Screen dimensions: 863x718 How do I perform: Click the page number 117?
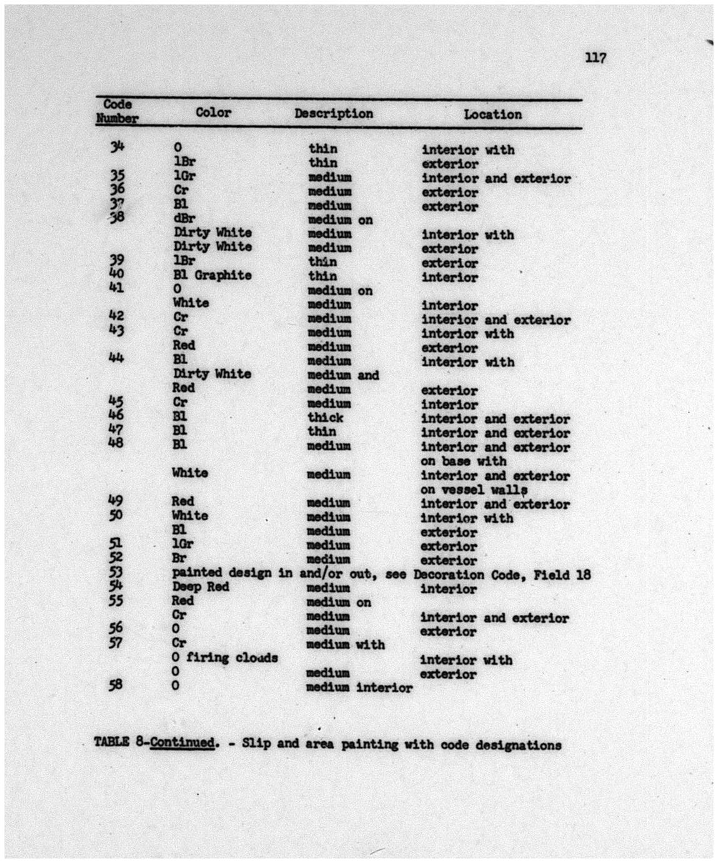click(x=595, y=58)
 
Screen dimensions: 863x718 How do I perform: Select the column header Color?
click(x=213, y=113)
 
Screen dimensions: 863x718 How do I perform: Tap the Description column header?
click(x=334, y=113)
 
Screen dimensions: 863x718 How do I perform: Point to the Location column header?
click(x=492, y=114)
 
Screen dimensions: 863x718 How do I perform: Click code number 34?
click(x=117, y=147)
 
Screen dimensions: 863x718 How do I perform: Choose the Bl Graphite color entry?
click(x=212, y=275)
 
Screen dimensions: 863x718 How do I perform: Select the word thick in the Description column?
click(x=325, y=417)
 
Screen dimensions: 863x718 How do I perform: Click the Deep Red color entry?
click(x=201, y=587)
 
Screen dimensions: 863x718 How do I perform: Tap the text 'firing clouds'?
click(x=232, y=657)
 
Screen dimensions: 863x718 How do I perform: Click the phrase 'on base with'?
click(x=463, y=462)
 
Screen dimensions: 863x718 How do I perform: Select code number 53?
click(x=116, y=572)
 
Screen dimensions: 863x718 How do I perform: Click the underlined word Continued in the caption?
click(x=182, y=743)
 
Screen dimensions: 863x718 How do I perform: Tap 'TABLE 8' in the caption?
click(x=121, y=742)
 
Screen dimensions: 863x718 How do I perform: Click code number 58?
click(x=116, y=685)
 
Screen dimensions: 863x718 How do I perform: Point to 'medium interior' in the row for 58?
click(x=359, y=687)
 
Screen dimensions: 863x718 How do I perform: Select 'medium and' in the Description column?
click(x=343, y=375)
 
